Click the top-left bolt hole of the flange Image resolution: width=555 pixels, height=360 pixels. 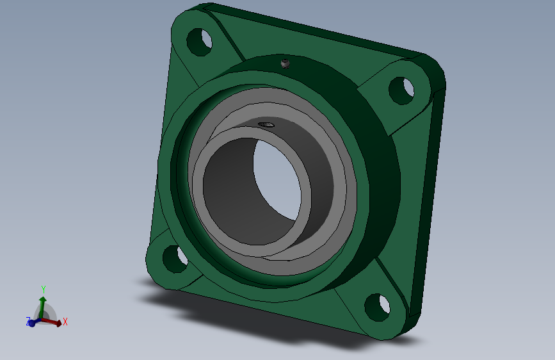(x=199, y=42)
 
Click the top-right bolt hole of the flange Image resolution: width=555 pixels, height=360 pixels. (x=401, y=91)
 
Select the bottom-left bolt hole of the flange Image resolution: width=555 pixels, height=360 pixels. (x=175, y=259)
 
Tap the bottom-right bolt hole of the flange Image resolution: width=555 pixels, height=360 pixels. (x=377, y=307)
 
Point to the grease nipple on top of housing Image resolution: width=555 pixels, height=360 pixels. (x=286, y=64)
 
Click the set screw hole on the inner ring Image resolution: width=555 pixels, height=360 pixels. (x=266, y=124)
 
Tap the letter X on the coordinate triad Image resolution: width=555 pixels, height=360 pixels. (x=65, y=322)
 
